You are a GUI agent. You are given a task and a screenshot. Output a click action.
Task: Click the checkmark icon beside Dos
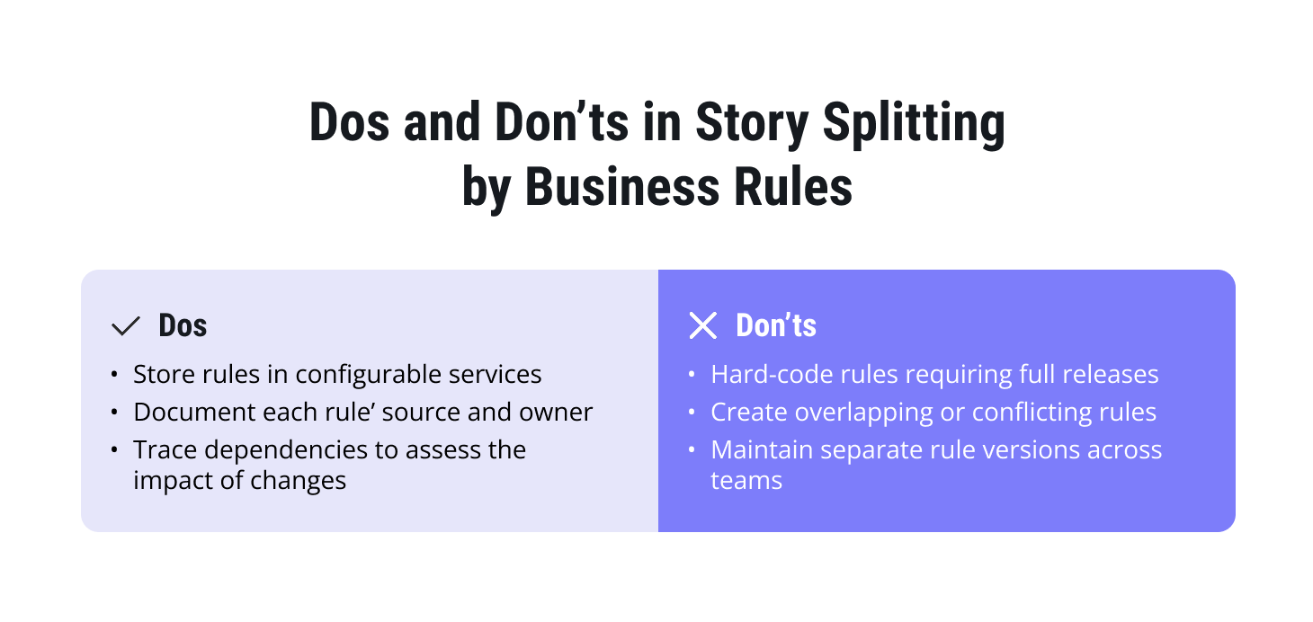(x=125, y=326)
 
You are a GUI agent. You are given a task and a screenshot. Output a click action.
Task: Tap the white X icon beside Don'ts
(x=702, y=325)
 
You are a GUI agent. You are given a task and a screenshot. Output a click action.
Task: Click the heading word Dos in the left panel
(x=183, y=325)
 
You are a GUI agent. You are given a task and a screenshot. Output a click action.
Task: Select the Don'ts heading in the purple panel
(x=775, y=325)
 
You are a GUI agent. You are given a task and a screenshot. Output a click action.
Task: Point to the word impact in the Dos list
(x=169, y=480)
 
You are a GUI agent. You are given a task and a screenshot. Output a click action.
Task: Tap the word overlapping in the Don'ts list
(x=841, y=412)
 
